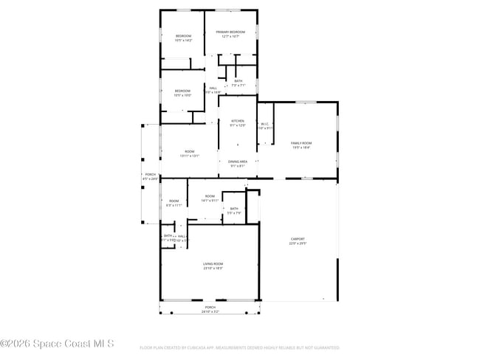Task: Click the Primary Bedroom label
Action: click(x=230, y=32)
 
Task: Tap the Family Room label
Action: click(x=301, y=143)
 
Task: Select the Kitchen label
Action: click(x=238, y=121)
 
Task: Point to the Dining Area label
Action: click(x=238, y=161)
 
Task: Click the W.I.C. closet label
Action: click(x=266, y=124)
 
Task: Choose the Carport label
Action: click(x=298, y=239)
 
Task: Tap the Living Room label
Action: click(x=213, y=263)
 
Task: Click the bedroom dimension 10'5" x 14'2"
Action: click(x=183, y=41)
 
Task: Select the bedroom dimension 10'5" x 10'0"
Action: click(x=182, y=95)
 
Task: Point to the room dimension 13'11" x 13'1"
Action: click(x=189, y=156)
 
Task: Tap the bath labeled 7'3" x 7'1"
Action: click(x=238, y=85)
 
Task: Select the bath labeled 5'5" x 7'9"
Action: click(x=234, y=213)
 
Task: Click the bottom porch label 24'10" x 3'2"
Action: click(x=210, y=311)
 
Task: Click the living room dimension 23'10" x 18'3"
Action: click(x=213, y=268)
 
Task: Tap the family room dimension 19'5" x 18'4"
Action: click(x=301, y=148)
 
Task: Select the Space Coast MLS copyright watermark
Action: click(x=58, y=343)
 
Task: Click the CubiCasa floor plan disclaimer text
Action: click(x=240, y=347)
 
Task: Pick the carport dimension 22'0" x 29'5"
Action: click(x=298, y=243)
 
